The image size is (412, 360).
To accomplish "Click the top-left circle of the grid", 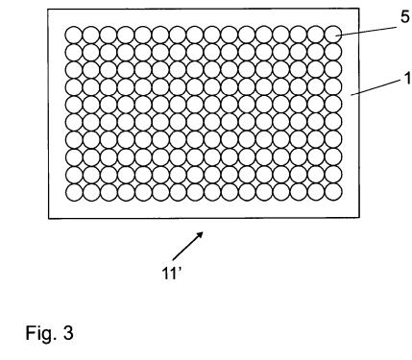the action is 74,35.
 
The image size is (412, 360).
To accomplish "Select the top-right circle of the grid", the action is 333,35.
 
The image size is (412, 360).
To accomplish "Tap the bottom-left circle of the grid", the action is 74,192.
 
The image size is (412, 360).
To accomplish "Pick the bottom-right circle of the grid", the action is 333,192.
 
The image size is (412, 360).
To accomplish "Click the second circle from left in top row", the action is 91,35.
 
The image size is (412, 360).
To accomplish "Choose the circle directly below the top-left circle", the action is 74,53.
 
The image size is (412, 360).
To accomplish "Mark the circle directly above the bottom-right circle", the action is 333,174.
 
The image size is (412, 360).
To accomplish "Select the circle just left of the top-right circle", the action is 316,35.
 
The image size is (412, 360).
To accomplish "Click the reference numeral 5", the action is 405,17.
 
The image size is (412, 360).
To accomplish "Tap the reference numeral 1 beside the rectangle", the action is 408,79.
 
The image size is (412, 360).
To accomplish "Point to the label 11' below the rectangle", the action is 172,274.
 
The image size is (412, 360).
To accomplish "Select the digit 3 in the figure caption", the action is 68,333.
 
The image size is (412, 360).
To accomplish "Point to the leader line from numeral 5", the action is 366,32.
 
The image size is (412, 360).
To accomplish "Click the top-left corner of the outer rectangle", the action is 48,9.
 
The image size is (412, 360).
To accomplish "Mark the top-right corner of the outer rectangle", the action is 358,9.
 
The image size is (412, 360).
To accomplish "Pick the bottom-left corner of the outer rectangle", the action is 49,219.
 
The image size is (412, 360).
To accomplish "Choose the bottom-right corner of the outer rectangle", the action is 359,218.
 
